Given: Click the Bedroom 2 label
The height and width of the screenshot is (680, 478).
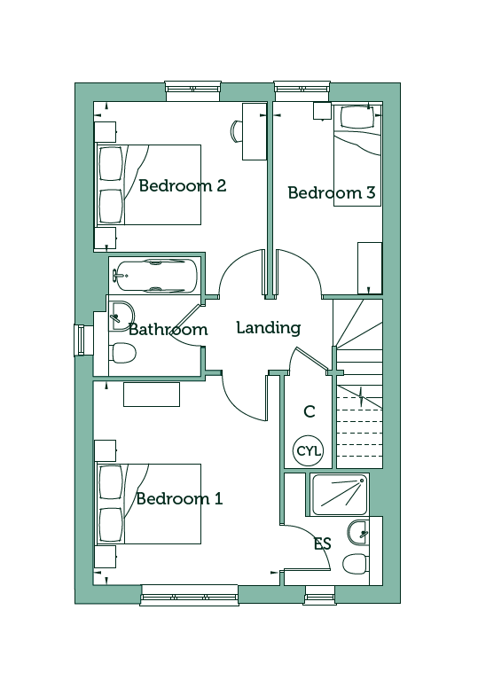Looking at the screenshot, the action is click(182, 186).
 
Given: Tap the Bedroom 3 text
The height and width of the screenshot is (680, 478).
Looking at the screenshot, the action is click(332, 192).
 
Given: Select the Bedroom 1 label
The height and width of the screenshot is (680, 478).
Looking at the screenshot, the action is click(179, 499).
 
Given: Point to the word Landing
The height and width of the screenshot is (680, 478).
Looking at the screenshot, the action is click(269, 328).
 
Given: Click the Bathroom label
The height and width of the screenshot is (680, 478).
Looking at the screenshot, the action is click(168, 330).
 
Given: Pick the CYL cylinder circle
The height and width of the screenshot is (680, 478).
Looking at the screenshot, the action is click(309, 451).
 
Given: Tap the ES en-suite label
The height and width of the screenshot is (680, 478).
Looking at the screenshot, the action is click(323, 543).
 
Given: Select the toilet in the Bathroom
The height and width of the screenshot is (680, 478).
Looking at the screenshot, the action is click(123, 353).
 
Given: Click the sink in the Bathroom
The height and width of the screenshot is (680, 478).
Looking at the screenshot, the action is click(121, 317).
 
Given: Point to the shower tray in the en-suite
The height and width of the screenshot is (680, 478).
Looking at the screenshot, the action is click(340, 495).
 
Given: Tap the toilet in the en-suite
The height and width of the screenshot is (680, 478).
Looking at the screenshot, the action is click(356, 564).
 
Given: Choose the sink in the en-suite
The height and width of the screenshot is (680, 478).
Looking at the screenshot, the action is click(358, 532).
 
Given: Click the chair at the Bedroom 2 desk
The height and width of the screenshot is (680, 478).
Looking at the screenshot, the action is click(235, 130).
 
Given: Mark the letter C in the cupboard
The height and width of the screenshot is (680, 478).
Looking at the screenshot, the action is click(310, 411).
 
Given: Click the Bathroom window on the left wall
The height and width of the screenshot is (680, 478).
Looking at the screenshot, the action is click(80, 340).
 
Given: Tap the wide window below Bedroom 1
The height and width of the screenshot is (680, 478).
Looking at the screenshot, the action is click(190, 597).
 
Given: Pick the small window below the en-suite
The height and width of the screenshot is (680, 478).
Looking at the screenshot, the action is click(320, 597).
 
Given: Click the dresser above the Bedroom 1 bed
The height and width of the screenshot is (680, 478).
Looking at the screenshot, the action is click(152, 395).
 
